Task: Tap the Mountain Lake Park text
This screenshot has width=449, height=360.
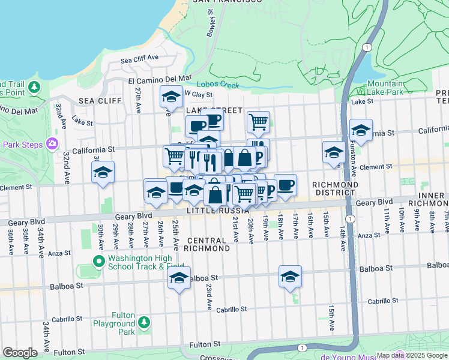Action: (385, 88)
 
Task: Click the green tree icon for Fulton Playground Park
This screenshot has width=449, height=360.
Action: (143, 323)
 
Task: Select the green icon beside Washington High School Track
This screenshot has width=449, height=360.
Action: (99, 262)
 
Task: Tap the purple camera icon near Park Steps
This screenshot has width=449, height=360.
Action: (52, 143)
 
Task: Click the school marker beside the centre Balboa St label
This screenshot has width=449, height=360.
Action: (179, 278)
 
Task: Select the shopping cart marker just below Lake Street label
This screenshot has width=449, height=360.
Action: (258, 122)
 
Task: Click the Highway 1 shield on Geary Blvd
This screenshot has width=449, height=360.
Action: (349, 217)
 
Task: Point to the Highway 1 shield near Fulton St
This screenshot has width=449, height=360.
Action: (302, 348)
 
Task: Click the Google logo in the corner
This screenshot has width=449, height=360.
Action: (20, 353)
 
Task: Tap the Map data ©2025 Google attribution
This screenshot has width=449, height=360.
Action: (411, 355)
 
